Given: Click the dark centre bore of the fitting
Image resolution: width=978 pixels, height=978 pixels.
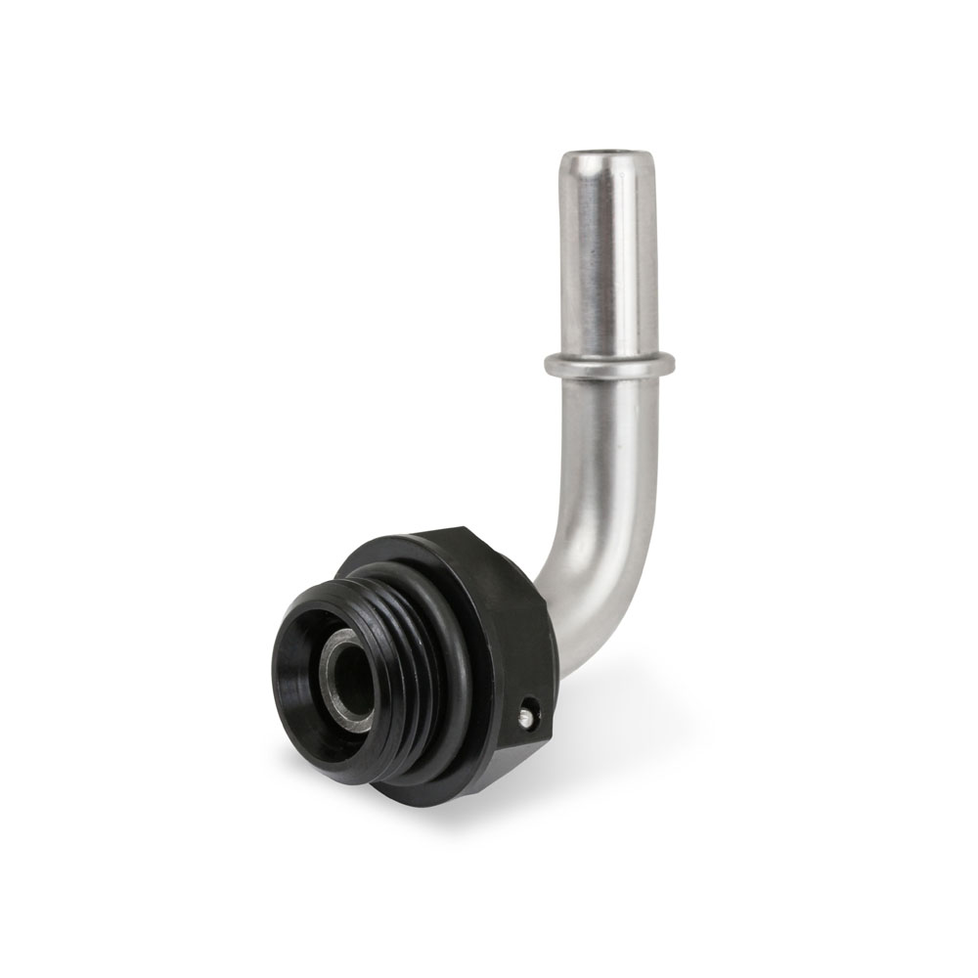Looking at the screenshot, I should (x=352, y=685).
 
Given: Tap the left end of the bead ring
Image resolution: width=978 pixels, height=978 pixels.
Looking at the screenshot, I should (x=550, y=366).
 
